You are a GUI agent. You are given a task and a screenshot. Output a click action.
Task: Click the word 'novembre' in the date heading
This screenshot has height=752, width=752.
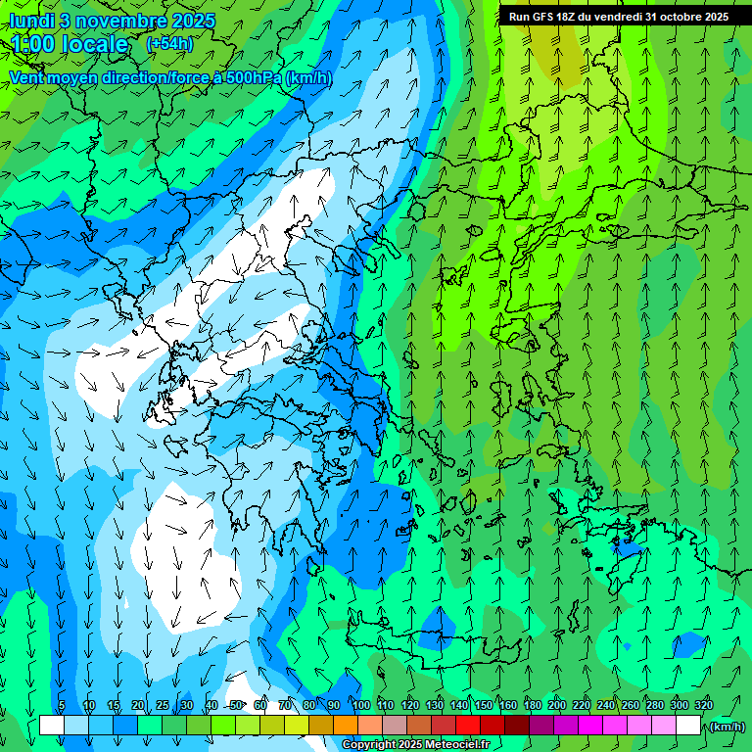(117, 21)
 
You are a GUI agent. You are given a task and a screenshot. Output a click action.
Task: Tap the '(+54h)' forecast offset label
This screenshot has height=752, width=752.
(169, 44)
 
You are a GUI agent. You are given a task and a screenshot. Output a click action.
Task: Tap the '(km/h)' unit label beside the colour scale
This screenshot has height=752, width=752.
(727, 727)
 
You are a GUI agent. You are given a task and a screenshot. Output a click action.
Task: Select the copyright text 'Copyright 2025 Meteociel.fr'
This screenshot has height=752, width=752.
(415, 744)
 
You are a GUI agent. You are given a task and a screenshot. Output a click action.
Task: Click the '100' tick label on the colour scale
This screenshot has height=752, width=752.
(361, 705)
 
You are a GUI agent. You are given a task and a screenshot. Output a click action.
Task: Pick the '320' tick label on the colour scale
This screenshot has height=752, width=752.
(703, 705)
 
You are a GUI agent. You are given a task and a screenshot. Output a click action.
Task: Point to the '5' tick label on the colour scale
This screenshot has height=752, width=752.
(62, 705)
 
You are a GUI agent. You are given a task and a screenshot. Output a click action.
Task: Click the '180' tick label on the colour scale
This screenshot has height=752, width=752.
(533, 705)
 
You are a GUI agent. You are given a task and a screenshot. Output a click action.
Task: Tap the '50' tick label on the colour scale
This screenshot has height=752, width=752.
(236, 705)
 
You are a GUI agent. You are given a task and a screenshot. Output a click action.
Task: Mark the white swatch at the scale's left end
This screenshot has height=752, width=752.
(52, 726)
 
